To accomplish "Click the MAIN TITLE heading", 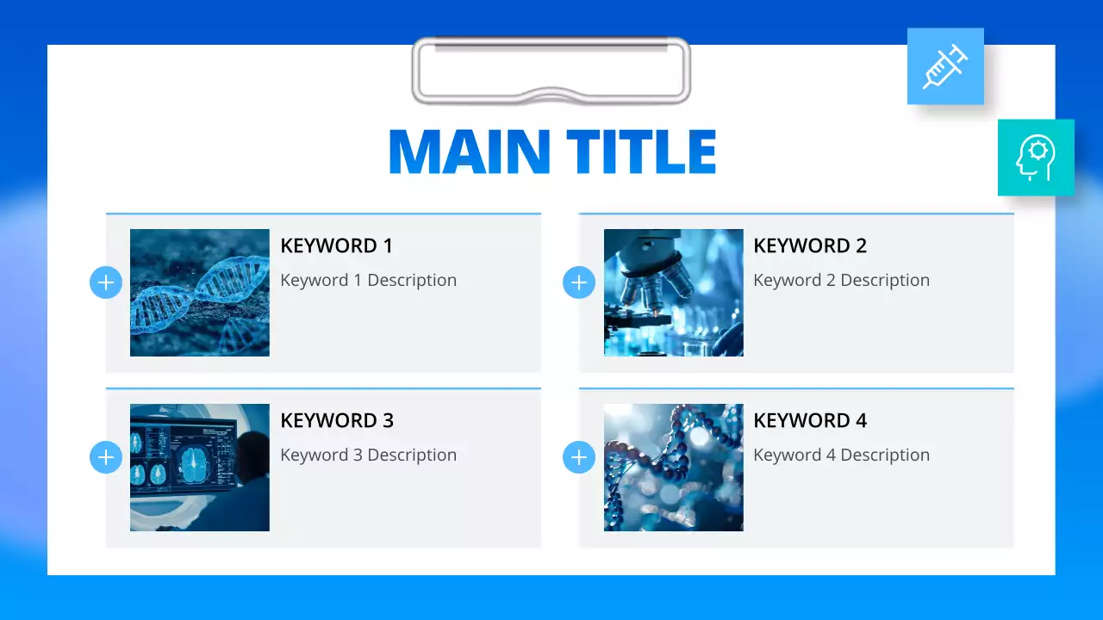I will (x=552, y=152).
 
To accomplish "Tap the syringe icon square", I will (x=945, y=66).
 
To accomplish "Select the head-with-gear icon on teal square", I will (x=1036, y=158).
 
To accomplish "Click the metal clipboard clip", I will (x=551, y=71).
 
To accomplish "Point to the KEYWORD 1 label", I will (x=336, y=246).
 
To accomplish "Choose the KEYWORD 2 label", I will (x=810, y=246).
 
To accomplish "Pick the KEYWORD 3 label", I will (x=337, y=421).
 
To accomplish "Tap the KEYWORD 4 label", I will (x=810, y=421).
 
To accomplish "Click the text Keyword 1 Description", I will (x=368, y=281).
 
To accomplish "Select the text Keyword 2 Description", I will (x=841, y=281).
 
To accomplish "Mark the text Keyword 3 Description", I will (x=368, y=456).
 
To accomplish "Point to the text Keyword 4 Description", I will (x=841, y=456).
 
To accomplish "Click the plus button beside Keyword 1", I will (x=106, y=282).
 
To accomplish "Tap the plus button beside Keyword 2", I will (x=579, y=282).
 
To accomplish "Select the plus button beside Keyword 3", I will (x=106, y=457).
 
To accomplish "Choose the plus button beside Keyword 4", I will (x=579, y=457).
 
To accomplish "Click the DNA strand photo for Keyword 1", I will (x=200, y=293).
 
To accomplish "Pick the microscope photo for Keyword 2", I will (x=673, y=293).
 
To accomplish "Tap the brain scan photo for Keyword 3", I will (x=200, y=468).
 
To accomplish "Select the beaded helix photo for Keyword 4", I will (x=673, y=468).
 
